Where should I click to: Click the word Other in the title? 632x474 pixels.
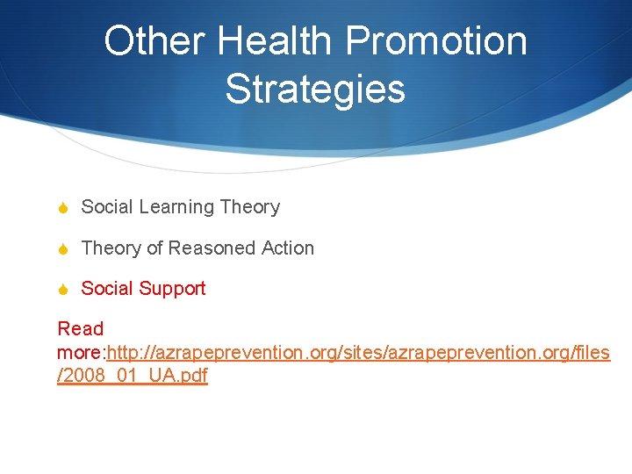154,41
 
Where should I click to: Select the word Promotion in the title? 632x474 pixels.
436,41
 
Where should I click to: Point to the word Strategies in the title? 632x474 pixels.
315,89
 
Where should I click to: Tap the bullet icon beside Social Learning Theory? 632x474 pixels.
63,208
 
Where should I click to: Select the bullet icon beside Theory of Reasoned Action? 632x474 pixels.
63,249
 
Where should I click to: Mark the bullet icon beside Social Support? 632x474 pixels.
63,290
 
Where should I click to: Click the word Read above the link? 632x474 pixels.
81,329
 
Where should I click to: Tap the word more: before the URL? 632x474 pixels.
81,353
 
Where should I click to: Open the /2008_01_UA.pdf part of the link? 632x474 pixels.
133,377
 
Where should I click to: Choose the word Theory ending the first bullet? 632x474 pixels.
250,207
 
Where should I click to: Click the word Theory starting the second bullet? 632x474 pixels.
111,248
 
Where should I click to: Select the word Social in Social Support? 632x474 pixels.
108,289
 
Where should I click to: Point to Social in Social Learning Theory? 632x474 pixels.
108,207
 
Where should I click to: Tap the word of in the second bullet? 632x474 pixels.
154,248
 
